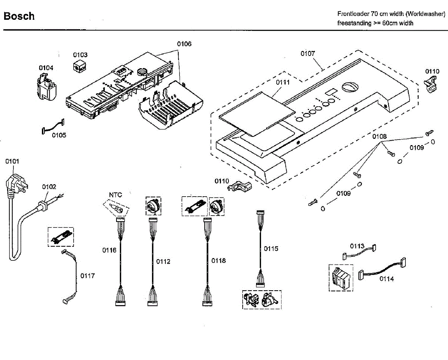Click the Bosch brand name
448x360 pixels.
pyautogui.click(x=19, y=16)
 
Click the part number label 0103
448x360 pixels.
pyautogui.click(x=80, y=55)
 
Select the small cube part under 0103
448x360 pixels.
pyautogui.click(x=80, y=66)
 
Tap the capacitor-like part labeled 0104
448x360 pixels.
pyautogui.click(x=47, y=88)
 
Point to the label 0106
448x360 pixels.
pyautogui.click(x=184, y=44)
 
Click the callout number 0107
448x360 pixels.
pyautogui.click(x=308, y=54)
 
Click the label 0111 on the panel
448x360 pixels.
pyautogui.click(x=283, y=82)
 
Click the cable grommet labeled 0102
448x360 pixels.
pyautogui.click(x=42, y=205)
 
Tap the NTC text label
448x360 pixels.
pyautogui.click(x=115, y=195)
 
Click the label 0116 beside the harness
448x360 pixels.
pyautogui.click(x=109, y=250)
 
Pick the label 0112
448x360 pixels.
pyautogui.click(x=163, y=262)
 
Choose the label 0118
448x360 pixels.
pyautogui.click(x=219, y=261)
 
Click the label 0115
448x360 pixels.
pyautogui.click(x=271, y=249)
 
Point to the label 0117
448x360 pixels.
pyautogui.click(x=88, y=276)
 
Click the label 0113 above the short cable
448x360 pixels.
pyautogui.click(x=357, y=246)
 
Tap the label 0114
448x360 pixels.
pyautogui.click(x=387, y=279)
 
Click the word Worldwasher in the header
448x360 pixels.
pyautogui.click(x=425, y=14)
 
